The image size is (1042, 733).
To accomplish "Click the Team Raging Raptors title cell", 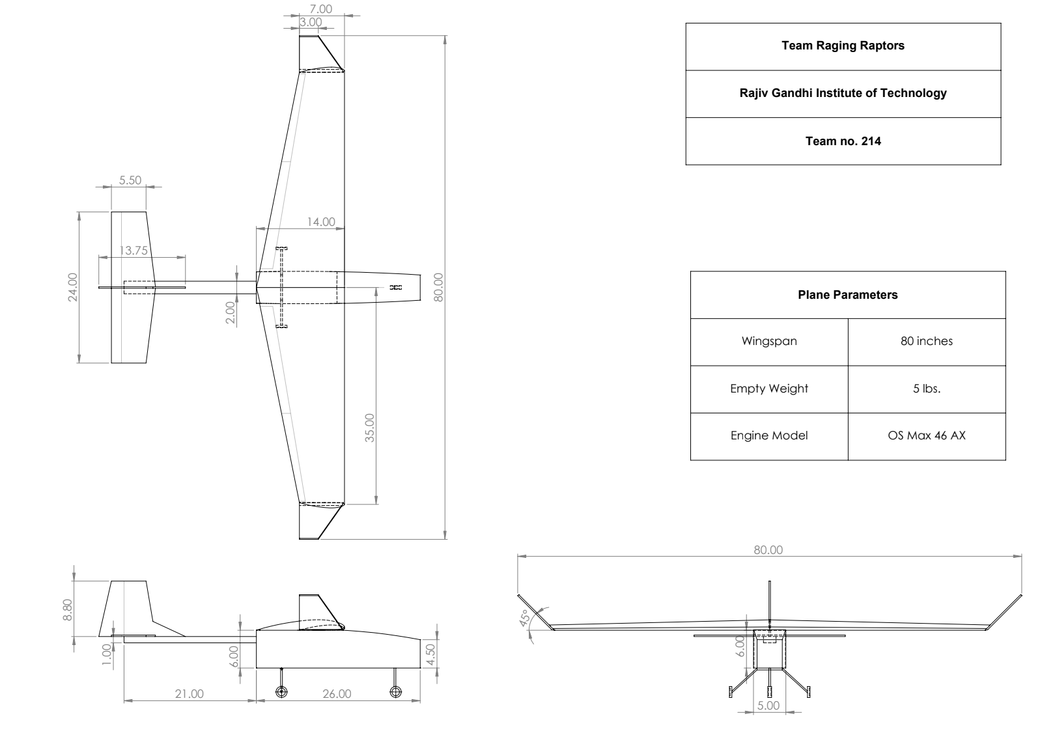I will pyautogui.click(x=843, y=46).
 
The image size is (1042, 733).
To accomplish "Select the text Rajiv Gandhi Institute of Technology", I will pyautogui.click(x=843, y=93).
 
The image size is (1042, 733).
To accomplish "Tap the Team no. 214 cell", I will pyautogui.click(x=843, y=141).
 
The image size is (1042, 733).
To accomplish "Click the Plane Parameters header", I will pyautogui.click(x=847, y=295).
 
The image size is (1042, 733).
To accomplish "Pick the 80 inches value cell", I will pyautogui.click(x=926, y=341).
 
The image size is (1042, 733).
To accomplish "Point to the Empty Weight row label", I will pyautogui.click(x=768, y=389).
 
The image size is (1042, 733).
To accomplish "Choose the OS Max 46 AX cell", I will pyautogui.click(x=926, y=436).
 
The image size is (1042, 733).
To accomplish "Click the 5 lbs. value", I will pyautogui.click(x=926, y=389).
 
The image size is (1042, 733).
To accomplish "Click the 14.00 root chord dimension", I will pyautogui.click(x=320, y=222).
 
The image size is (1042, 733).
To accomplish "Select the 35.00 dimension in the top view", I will pyautogui.click(x=370, y=427).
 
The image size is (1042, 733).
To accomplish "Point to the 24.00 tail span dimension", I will pyautogui.click(x=72, y=287).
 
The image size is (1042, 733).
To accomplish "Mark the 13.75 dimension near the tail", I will pyautogui.click(x=134, y=250).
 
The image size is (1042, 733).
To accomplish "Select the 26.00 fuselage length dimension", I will pyautogui.click(x=337, y=694).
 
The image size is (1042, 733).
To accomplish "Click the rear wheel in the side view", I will pyautogui.click(x=281, y=691).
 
